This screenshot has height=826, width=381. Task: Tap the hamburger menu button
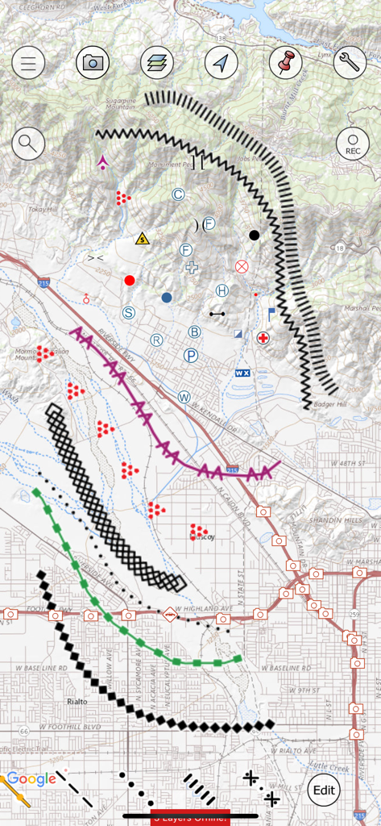pyautogui.click(x=28, y=63)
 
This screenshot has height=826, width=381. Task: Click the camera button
pyautogui.click(x=93, y=63)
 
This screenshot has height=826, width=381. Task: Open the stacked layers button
pyautogui.click(x=157, y=63)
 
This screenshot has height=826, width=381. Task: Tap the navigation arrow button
pyautogui.click(x=222, y=63)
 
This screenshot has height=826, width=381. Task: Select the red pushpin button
pyautogui.click(x=285, y=63)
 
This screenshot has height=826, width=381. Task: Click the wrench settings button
pyautogui.click(x=350, y=63)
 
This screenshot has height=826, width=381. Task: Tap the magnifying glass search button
pyautogui.click(x=28, y=144)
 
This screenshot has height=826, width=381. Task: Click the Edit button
pyautogui.click(x=324, y=790)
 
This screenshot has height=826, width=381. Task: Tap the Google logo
pyautogui.click(x=32, y=779)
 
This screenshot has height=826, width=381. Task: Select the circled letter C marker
pyautogui.click(x=178, y=194)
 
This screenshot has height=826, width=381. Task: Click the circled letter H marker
pyautogui.click(x=222, y=290)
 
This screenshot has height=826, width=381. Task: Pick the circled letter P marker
pyautogui.click(x=191, y=355)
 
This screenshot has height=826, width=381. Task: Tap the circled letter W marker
pyautogui.click(x=184, y=397)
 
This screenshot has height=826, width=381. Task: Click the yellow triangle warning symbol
pyautogui.click(x=143, y=238)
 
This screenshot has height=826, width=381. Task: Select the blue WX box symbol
pyautogui.click(x=241, y=373)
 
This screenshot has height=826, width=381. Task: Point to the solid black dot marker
pyautogui.click(x=255, y=235)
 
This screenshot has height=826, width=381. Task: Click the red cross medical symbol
pyautogui.click(x=263, y=337)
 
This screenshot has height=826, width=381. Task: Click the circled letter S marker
pyautogui.click(x=128, y=312)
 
